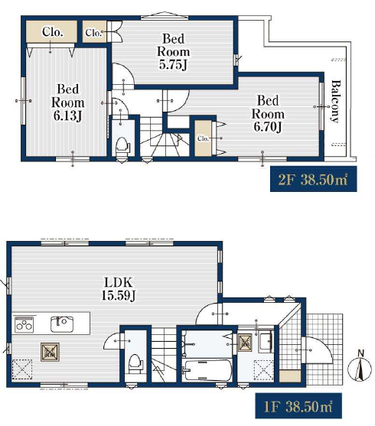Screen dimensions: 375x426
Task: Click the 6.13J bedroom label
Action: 67,102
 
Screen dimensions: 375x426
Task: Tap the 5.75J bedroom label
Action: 173,51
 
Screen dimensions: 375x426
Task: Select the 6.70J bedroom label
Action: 268,114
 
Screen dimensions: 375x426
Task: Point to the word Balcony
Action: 336,101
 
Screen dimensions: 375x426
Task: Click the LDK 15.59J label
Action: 119,289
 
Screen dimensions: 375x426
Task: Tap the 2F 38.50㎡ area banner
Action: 313,179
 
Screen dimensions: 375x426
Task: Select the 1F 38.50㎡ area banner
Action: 298,406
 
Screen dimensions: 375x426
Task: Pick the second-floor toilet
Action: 122,147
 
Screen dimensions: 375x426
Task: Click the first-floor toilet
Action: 135,363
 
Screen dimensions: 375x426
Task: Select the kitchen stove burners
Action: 24,324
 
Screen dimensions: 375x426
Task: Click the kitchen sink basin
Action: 62,324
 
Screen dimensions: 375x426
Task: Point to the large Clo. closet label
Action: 53,32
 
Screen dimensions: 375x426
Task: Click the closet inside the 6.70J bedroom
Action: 203,138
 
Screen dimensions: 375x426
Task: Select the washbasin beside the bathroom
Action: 266,342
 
